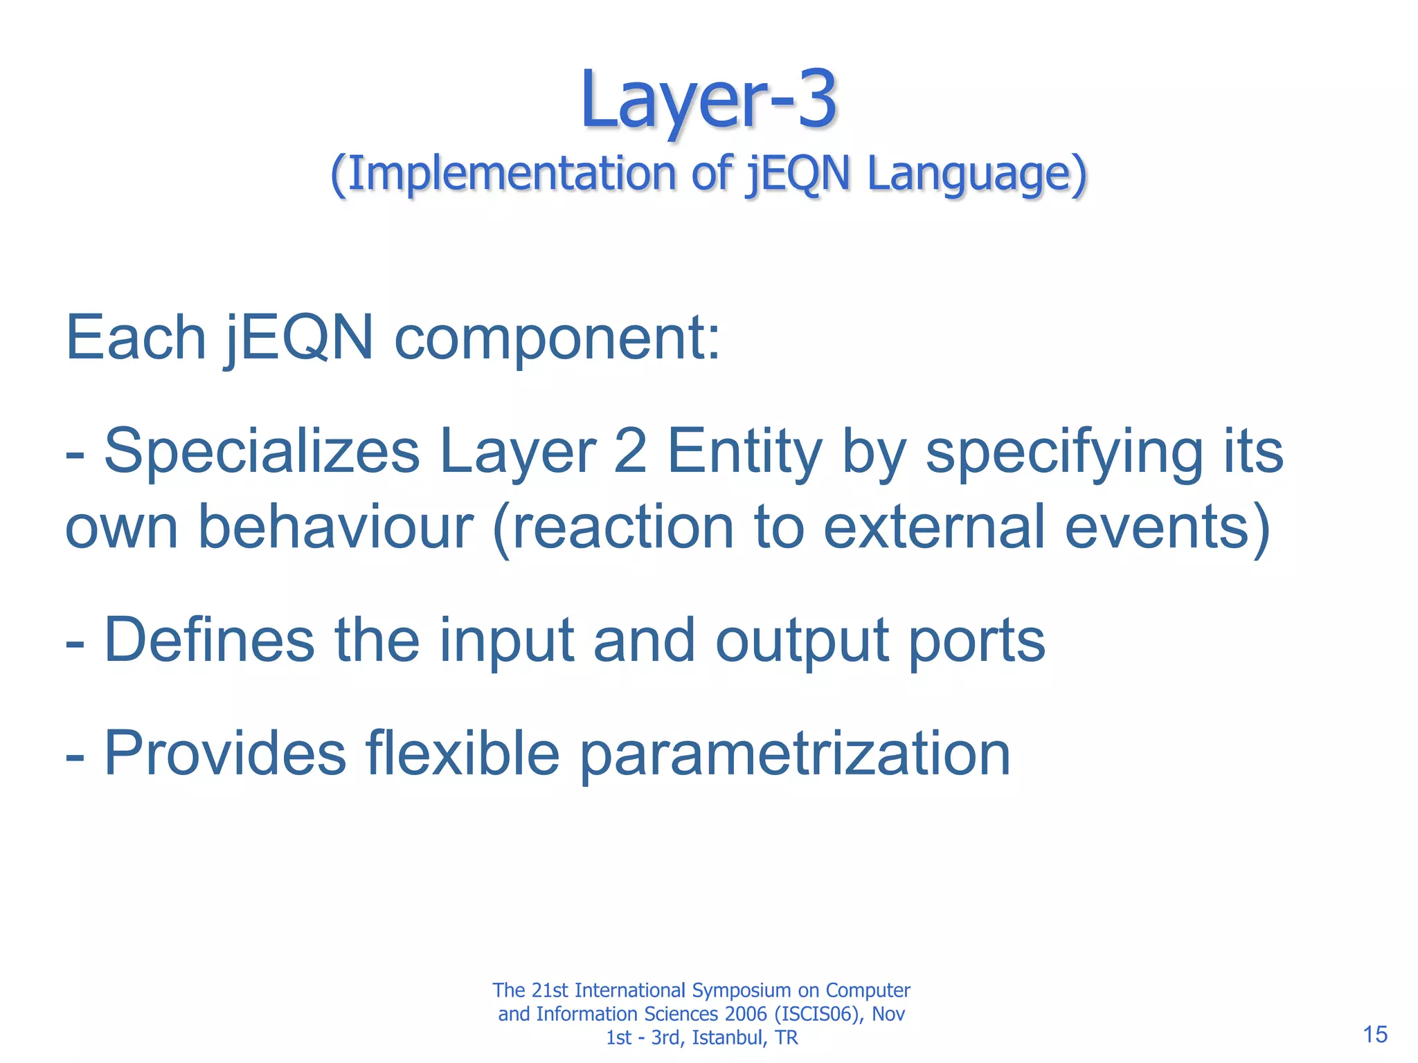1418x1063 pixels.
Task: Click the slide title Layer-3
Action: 709,100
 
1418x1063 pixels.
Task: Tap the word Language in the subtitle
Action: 976,174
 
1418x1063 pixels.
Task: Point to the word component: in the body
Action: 557,339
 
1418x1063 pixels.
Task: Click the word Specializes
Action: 262,452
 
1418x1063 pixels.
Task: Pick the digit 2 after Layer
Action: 630,451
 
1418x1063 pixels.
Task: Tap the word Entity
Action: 744,452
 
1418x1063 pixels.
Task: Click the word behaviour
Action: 336,527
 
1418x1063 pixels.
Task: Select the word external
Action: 934,527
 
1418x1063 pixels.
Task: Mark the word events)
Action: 1167,527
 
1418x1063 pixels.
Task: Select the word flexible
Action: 463,754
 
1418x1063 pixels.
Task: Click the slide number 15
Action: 1375,1035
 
